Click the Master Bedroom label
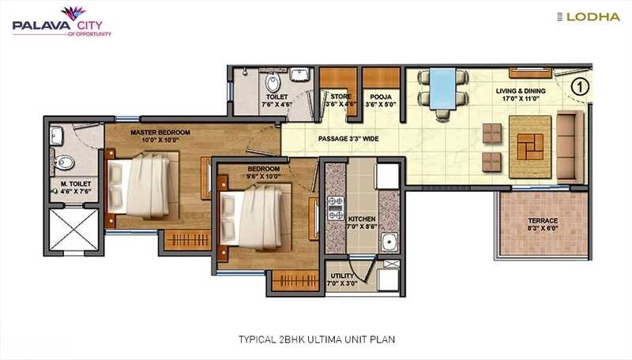pyautogui.click(x=158, y=136)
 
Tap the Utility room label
pyautogui.click(x=344, y=277)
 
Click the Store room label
pyautogui.click(x=340, y=100)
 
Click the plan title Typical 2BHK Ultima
pyautogui.click(x=316, y=339)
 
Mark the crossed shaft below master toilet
pyautogui.click(x=75, y=231)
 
